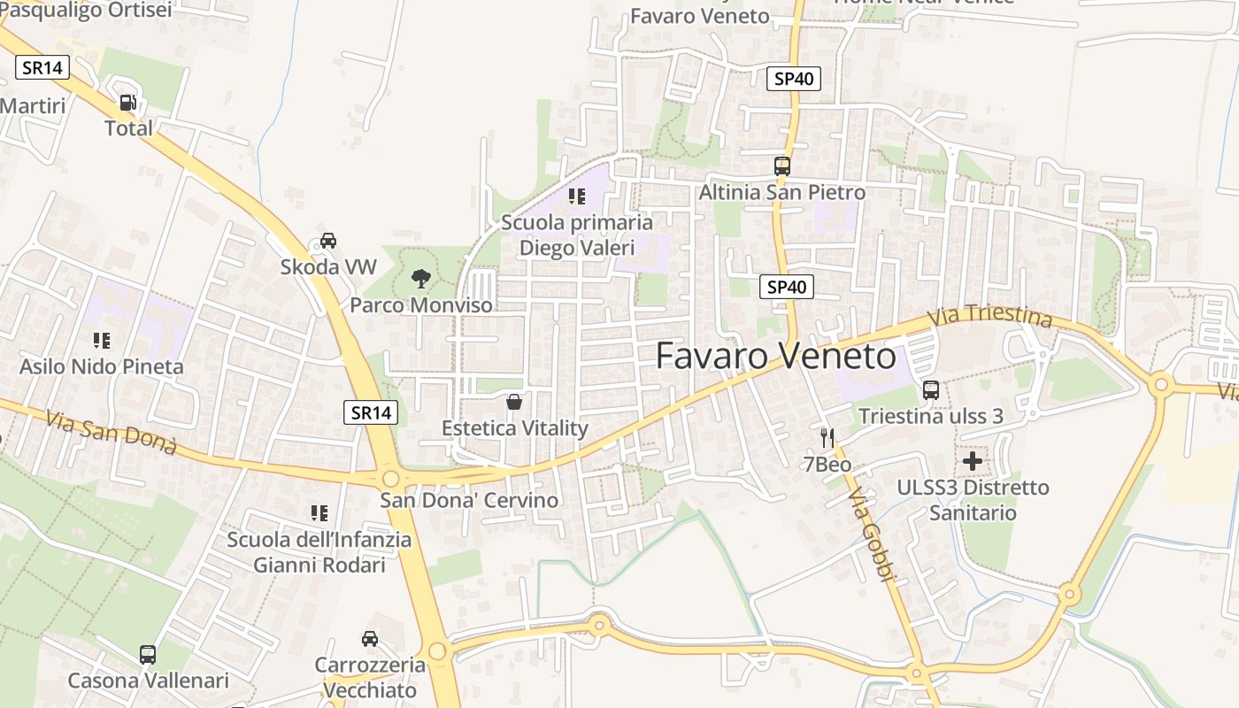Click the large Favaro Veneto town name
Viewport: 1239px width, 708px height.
click(x=775, y=356)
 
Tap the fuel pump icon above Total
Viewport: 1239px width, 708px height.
click(x=128, y=103)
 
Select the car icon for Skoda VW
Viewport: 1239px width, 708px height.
click(x=328, y=241)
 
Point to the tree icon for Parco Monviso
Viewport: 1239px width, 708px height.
click(x=421, y=280)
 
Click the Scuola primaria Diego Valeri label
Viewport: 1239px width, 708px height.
click(x=577, y=235)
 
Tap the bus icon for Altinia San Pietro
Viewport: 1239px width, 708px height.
click(x=782, y=166)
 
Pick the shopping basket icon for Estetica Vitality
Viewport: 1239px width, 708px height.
click(x=514, y=403)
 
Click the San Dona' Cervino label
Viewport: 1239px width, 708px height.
click(x=469, y=500)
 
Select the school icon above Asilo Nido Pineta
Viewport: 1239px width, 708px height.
click(x=102, y=341)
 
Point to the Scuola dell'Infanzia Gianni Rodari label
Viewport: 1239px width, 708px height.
click(x=319, y=552)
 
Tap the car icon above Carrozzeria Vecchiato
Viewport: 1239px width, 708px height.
click(x=370, y=639)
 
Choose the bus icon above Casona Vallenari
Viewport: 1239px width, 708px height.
click(x=148, y=655)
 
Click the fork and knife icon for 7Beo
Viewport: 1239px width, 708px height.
click(x=827, y=438)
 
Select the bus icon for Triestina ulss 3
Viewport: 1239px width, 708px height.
click(x=930, y=390)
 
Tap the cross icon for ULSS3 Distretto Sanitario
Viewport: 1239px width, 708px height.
click(x=973, y=461)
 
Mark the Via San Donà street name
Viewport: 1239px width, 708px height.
click(x=112, y=433)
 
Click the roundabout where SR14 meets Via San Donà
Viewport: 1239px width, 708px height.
click(x=390, y=479)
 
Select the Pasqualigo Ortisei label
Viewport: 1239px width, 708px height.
click(x=86, y=10)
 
